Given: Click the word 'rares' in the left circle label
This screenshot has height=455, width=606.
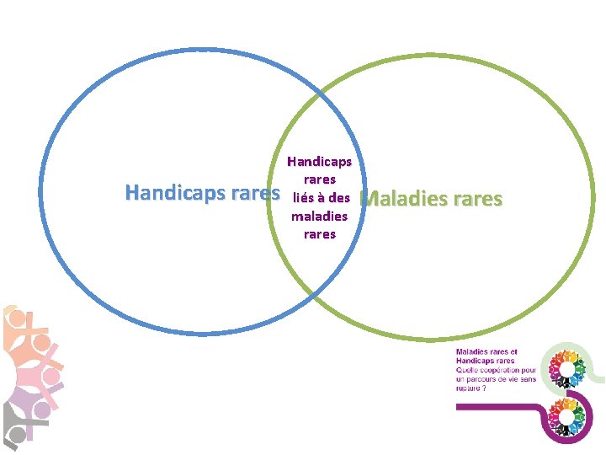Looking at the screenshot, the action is click(254, 193).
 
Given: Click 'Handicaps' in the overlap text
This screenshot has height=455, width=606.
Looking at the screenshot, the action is click(319, 161).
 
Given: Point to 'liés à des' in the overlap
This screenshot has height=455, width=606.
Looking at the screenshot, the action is click(320, 198).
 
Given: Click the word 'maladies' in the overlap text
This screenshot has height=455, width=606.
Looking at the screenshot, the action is click(319, 217).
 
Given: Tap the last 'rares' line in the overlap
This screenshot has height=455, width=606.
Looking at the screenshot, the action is click(319, 234).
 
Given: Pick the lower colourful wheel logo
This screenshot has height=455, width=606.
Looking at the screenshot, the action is click(566, 415).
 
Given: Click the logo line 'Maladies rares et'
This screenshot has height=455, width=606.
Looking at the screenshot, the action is click(487, 352).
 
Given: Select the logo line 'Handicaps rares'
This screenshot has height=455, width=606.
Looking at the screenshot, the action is click(486, 361).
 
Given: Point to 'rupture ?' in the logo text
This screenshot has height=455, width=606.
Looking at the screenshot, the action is click(471, 388).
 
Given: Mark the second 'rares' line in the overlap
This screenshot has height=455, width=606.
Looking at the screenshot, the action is click(320, 179).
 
